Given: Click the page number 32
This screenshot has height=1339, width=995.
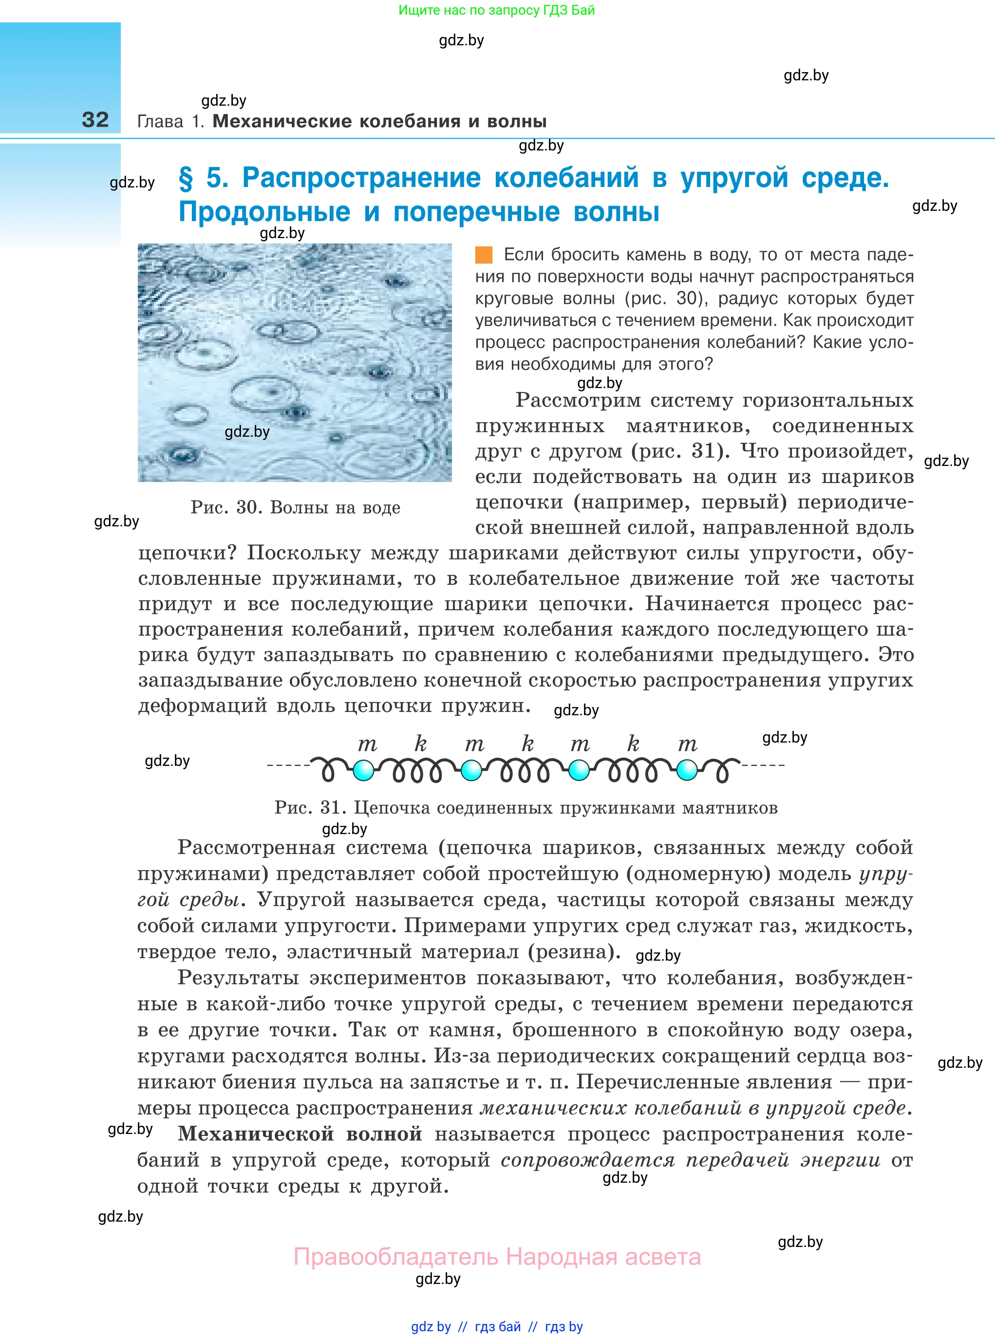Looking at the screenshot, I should [95, 120].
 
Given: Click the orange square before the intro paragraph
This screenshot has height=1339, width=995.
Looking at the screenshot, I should [484, 255].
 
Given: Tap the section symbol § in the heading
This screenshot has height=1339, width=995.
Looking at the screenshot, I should [186, 179].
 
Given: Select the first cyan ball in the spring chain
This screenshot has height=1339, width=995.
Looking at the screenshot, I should [363, 770].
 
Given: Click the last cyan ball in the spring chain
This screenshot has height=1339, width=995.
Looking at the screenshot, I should [687, 770].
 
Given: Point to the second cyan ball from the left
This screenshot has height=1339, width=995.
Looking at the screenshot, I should [471, 770].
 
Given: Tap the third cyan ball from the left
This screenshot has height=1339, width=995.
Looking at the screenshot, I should [579, 770].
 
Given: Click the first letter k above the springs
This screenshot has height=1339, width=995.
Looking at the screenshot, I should [420, 744].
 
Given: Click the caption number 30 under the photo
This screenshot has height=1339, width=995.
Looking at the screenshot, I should [247, 507].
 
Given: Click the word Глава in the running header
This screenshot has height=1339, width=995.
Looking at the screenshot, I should [160, 122].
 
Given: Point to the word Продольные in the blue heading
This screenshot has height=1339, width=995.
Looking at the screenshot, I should [264, 212].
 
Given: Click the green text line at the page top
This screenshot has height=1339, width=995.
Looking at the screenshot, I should [496, 10].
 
